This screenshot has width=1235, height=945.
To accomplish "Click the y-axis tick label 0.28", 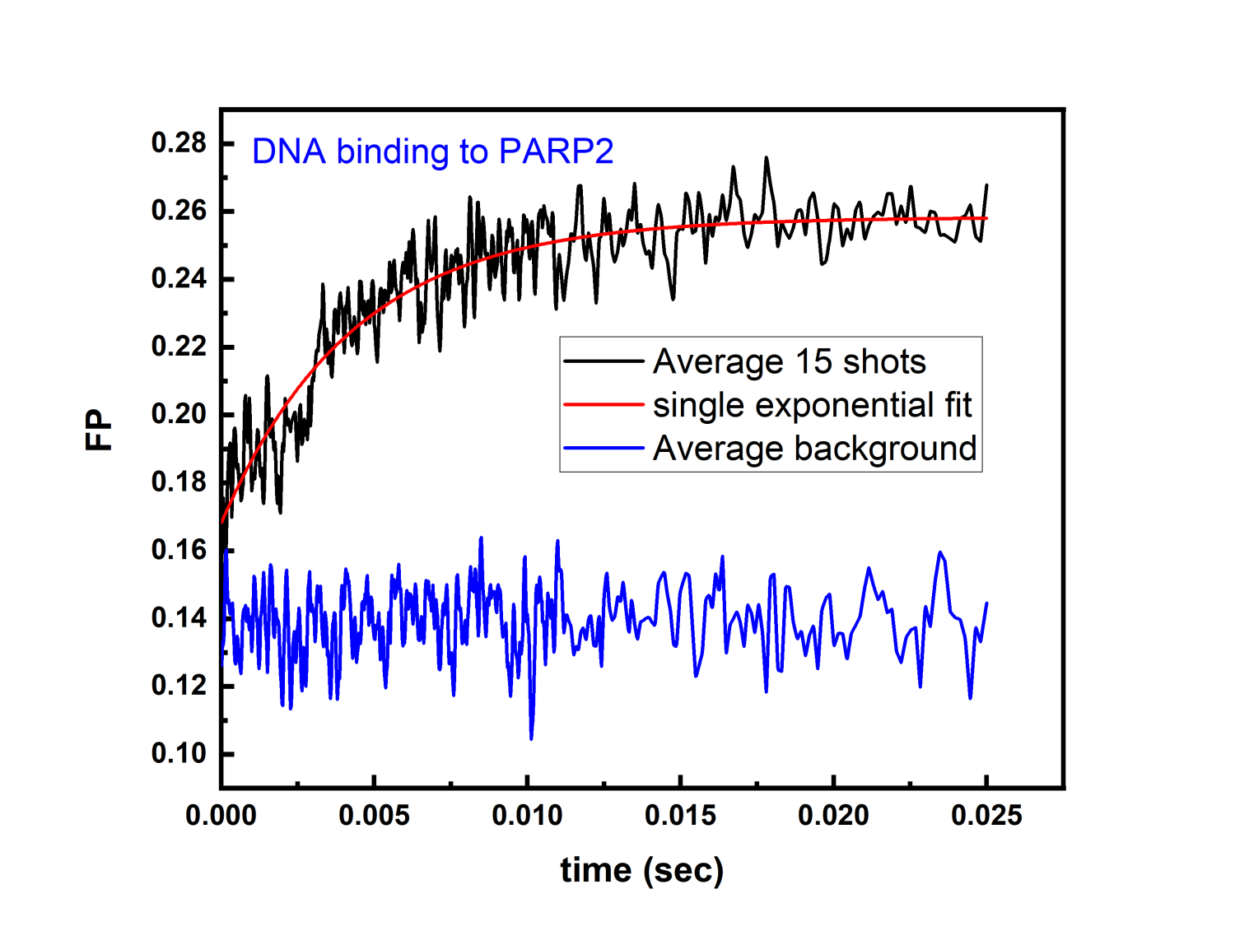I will (179, 143).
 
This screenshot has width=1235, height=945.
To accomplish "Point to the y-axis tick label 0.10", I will (179, 753).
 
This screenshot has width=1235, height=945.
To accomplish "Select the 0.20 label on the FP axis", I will (179, 414).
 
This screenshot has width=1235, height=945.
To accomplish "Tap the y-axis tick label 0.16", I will (179, 550).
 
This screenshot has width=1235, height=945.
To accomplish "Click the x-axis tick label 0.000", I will (221, 816).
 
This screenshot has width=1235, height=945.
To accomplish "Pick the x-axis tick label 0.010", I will (527, 816).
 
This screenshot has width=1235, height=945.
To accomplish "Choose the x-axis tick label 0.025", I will (986, 816).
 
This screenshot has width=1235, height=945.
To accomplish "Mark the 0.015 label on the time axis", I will (680, 816).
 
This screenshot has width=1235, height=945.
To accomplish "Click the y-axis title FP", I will (99, 430).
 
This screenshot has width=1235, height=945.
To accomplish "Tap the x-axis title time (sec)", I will (641, 870).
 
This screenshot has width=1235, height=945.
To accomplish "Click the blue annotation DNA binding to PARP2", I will (432, 151).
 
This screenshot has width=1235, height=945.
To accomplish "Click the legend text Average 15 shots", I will (789, 361).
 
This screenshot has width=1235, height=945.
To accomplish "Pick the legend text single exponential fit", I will (812, 405).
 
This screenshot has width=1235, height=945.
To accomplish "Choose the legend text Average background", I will (814, 449).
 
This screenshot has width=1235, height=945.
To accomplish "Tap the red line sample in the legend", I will (604, 405).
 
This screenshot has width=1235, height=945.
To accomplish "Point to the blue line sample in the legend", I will (604, 449).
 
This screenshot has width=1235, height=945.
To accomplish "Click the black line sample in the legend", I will (604, 361).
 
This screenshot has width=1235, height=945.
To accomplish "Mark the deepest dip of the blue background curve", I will (531, 738).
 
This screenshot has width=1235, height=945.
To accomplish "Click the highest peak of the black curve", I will (767, 158).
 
